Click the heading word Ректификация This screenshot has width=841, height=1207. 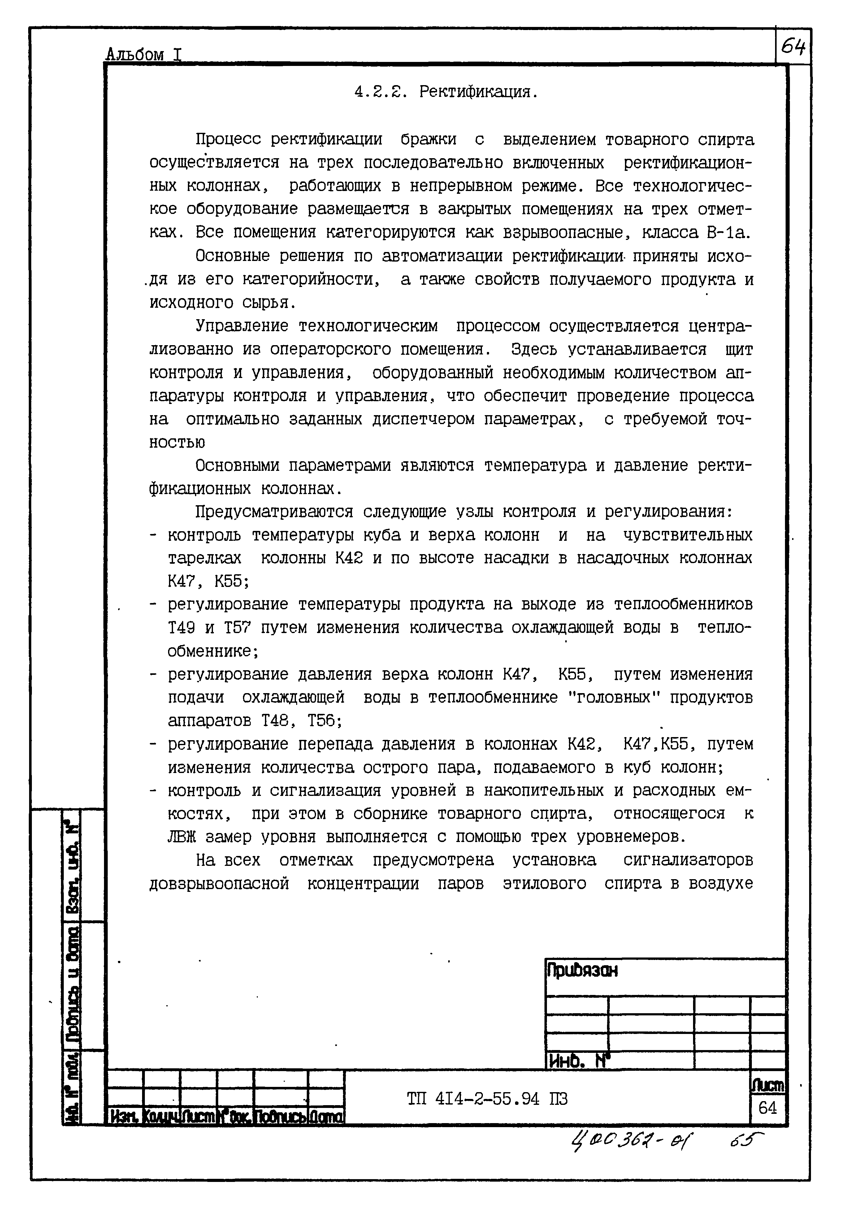pos(478,93)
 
